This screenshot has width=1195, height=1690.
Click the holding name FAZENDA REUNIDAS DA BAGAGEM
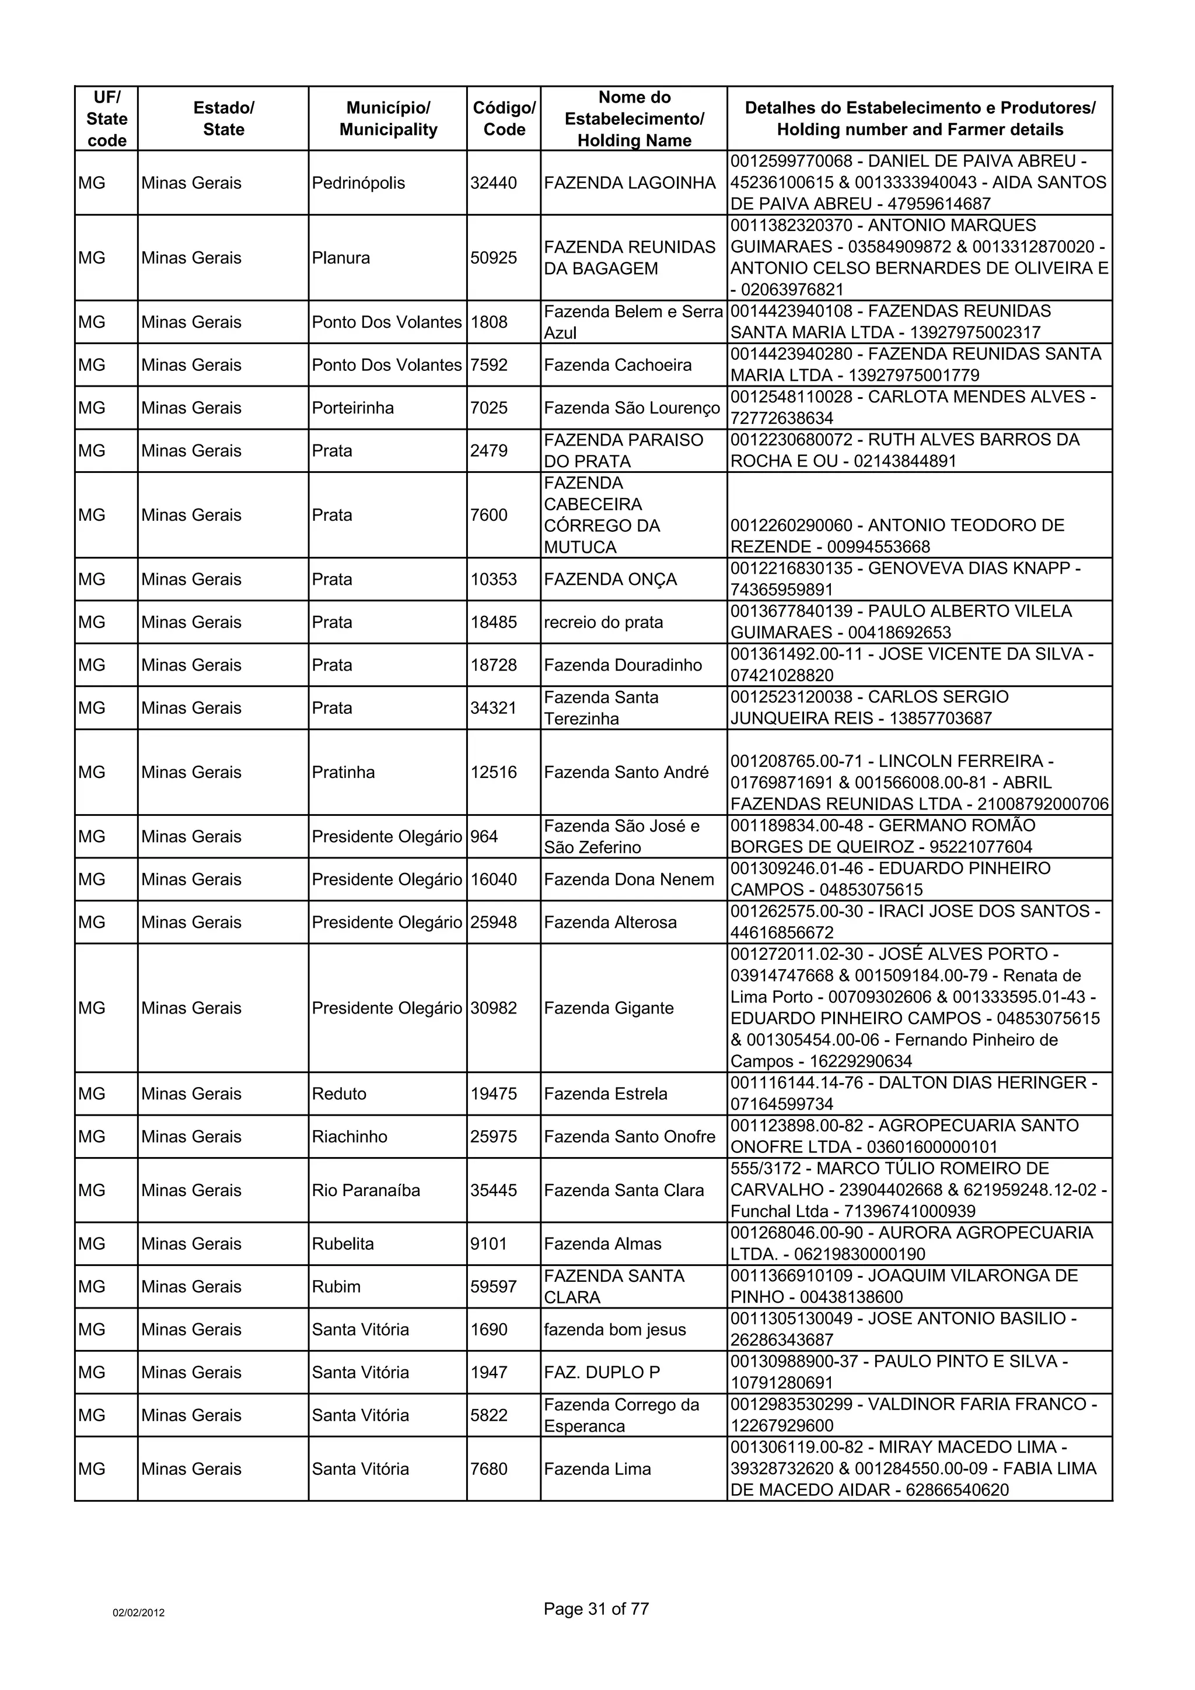630,258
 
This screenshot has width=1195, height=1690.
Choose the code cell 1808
489,322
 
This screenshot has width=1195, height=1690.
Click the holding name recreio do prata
603,622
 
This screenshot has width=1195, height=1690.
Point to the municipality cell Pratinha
343,772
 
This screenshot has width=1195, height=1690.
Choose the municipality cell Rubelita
343,1244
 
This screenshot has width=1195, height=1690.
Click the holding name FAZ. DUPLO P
602,1372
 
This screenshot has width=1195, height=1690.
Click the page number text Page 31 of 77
596,1609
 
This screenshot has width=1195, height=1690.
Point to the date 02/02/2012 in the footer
138,1612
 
